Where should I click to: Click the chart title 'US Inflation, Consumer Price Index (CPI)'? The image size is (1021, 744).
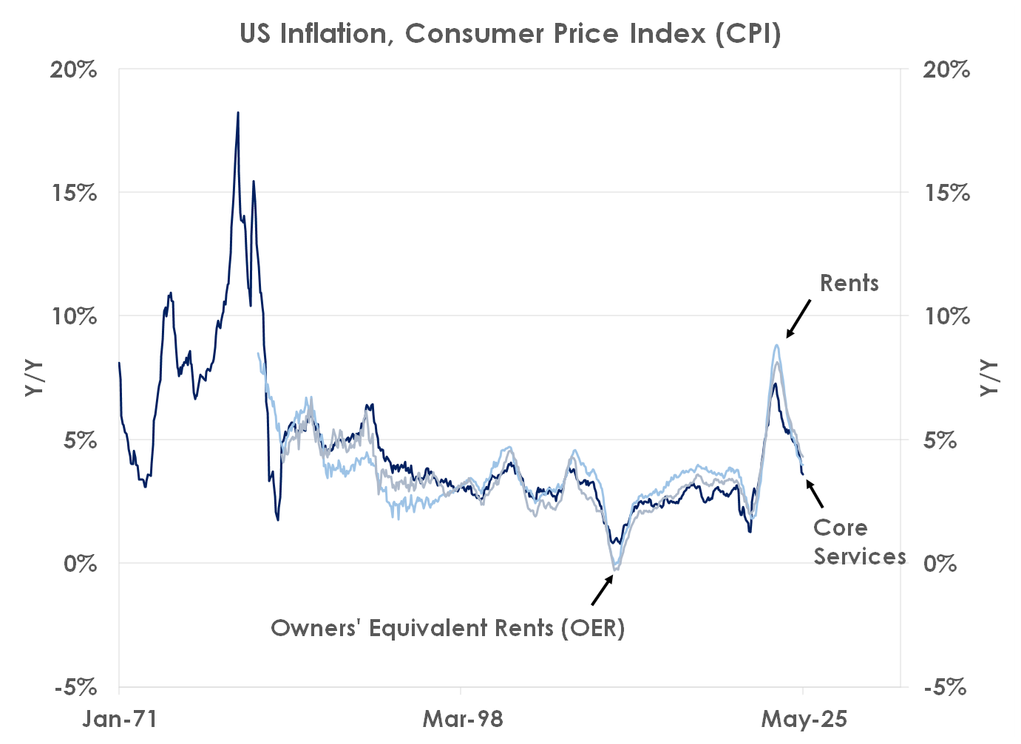[x=510, y=34]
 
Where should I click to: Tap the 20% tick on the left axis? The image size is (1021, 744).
[x=74, y=69]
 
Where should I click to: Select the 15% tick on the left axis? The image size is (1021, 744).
[x=74, y=193]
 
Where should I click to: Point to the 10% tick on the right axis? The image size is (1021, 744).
[x=947, y=316]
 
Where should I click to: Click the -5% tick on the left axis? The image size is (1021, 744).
[x=76, y=687]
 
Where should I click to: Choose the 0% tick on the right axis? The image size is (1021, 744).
[x=940, y=564]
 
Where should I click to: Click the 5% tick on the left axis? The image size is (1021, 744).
[x=80, y=440]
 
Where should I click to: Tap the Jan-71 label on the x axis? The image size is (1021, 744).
[x=120, y=719]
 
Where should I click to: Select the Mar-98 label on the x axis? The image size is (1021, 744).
[x=462, y=719]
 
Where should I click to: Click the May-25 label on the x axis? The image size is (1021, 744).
[x=804, y=719]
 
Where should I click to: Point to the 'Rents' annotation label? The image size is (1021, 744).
[x=849, y=283]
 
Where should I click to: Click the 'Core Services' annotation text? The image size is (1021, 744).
[x=859, y=542]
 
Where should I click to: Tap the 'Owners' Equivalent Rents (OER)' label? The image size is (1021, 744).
[x=448, y=628]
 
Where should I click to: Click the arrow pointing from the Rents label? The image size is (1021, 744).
[x=798, y=318]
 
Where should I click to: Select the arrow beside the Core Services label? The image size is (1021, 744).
[x=815, y=494]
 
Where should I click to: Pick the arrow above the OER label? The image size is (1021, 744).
[x=603, y=590]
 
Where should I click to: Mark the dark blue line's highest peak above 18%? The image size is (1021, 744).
[x=238, y=113]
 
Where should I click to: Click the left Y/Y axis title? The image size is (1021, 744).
[x=34, y=378]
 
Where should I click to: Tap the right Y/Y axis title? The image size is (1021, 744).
[x=988, y=378]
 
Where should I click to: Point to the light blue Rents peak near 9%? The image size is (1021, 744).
[x=777, y=345]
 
